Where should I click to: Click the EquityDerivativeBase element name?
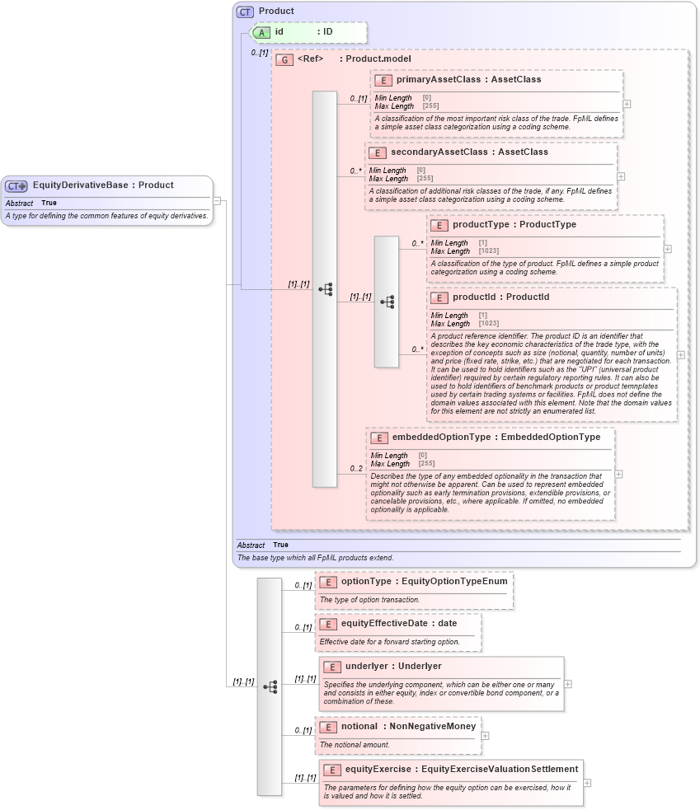[80, 185]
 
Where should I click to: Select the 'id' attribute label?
[280, 32]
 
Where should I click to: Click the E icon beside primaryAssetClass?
[383, 81]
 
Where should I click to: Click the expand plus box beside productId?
[680, 354]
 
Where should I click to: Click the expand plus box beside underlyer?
[568, 684]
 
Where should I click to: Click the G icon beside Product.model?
[284, 60]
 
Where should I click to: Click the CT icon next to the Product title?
[245, 12]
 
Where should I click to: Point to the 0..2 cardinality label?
[356, 469]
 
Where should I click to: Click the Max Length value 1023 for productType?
[487, 250]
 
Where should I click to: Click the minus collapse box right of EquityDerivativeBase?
[217, 199]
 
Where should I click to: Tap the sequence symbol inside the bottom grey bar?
[270, 686]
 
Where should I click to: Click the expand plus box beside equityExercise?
[587, 783]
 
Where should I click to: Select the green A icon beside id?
[261, 32]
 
